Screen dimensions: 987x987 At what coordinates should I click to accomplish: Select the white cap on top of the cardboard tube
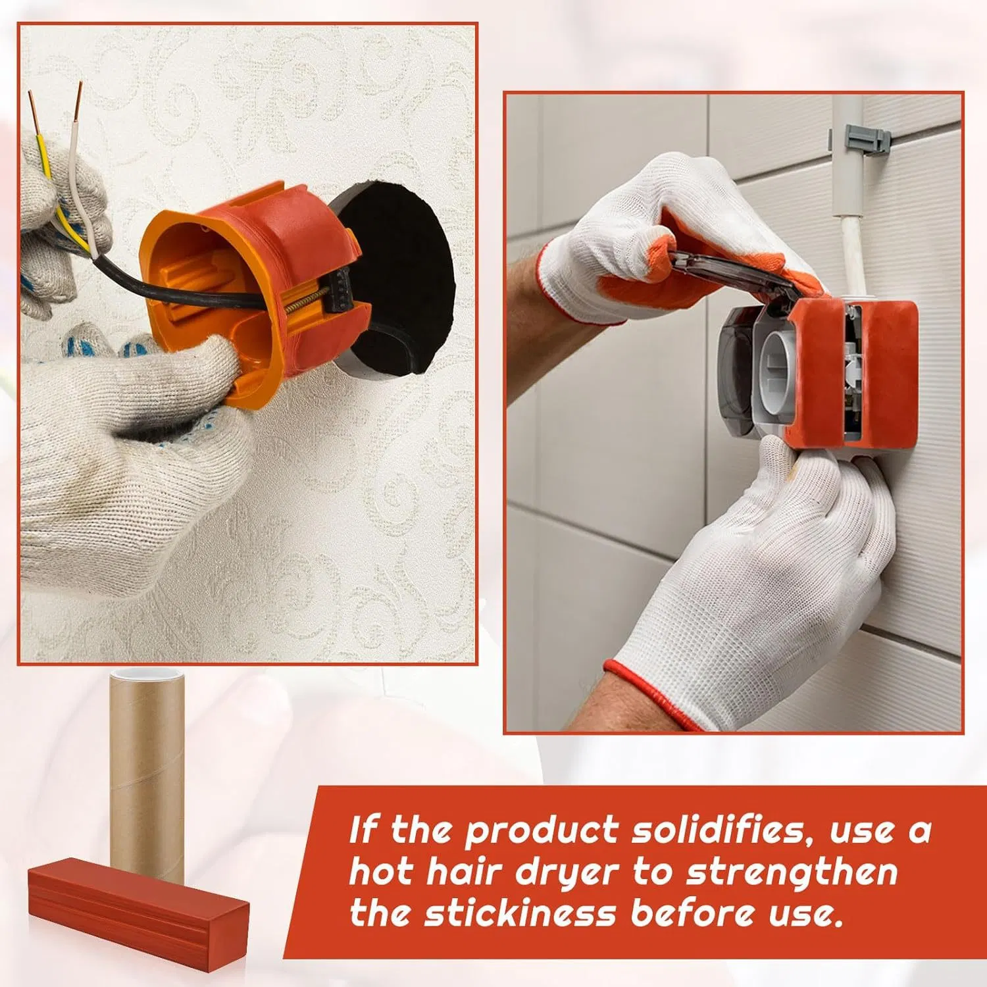(x=147, y=674)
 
